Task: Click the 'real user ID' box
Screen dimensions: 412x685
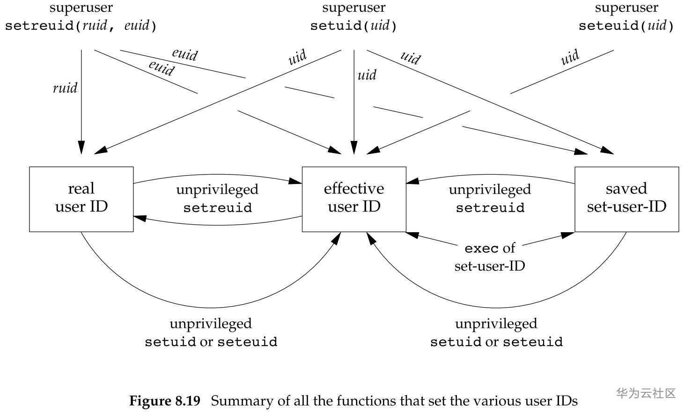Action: pos(81,199)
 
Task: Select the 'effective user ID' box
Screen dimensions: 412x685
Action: pos(354,199)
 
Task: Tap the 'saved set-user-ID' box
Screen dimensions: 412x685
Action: pos(626,199)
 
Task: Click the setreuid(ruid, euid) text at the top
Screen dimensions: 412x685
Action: pos(81,25)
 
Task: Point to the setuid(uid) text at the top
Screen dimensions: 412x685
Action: pos(354,25)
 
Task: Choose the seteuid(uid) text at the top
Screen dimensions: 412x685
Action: pos(626,25)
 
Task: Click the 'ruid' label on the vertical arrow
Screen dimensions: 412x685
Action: pos(65,88)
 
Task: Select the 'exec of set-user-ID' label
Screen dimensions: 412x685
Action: pos(490,257)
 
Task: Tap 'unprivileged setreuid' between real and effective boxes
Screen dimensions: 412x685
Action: pos(217,199)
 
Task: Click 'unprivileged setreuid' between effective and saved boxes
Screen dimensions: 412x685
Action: pos(490,199)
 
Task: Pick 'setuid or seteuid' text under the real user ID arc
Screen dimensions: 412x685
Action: pos(211,342)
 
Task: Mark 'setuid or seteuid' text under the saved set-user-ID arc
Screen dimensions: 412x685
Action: pos(496,342)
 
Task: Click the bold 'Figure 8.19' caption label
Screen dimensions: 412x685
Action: pos(164,401)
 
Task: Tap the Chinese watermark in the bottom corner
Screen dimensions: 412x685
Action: pos(646,393)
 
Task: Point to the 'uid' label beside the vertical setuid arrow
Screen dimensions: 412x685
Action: pos(367,75)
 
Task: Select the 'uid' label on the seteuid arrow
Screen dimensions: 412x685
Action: pos(570,58)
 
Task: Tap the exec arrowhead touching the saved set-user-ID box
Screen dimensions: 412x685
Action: pos(569,234)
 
